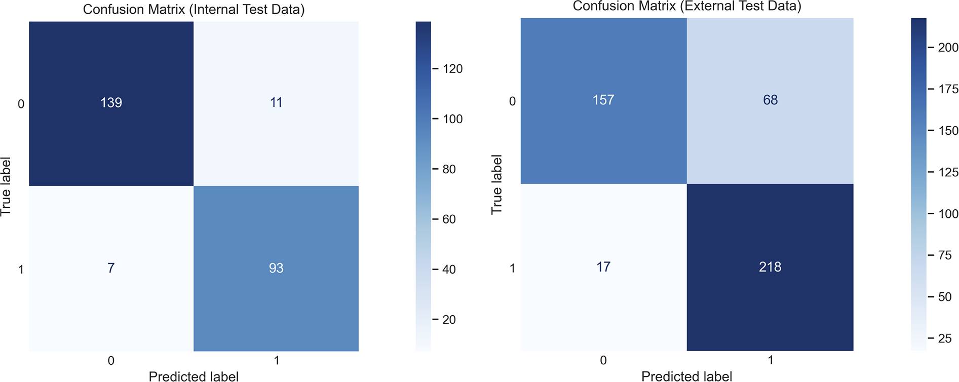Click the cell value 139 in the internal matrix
click(111, 103)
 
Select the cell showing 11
click(276, 103)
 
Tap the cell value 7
click(111, 268)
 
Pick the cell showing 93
click(276, 268)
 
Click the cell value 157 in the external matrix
click(603, 100)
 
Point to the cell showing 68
click(770, 100)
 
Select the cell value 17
click(603, 267)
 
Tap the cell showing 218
click(770, 267)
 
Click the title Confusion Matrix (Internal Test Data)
click(194, 10)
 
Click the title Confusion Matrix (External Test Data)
click(687, 6)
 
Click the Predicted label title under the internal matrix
click(194, 376)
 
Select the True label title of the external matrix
click(496, 184)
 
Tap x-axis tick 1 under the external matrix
click(770, 360)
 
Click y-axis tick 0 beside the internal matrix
click(21, 104)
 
